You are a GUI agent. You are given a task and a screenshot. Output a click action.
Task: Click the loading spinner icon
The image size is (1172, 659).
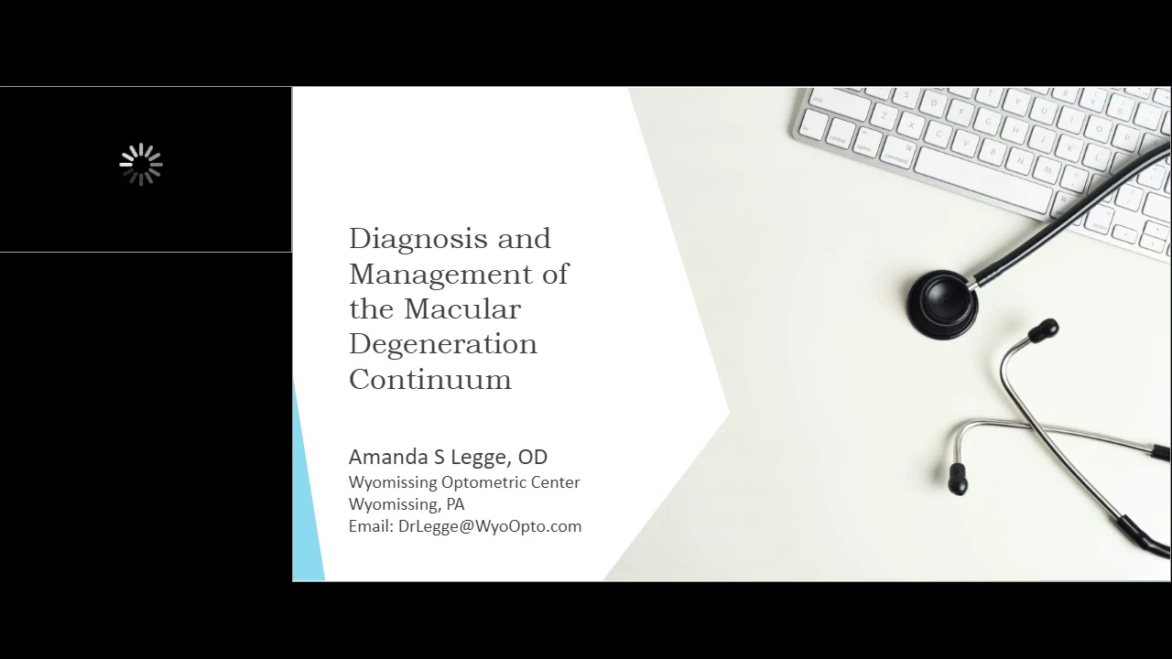click(x=141, y=164)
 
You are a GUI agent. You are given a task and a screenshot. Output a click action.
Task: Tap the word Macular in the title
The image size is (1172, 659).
click(x=462, y=308)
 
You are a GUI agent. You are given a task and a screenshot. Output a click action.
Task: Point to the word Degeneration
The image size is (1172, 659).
click(x=443, y=344)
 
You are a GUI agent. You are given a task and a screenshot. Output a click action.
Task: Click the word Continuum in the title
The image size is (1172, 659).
click(x=430, y=379)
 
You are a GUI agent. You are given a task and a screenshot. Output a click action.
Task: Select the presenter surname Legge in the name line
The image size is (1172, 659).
click(x=479, y=458)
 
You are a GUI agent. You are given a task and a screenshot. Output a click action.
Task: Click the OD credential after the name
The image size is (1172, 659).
click(x=533, y=457)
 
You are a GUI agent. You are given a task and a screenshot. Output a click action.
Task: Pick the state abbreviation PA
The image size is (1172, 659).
click(x=455, y=504)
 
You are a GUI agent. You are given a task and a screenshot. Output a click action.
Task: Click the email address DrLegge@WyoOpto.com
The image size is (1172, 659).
click(x=490, y=526)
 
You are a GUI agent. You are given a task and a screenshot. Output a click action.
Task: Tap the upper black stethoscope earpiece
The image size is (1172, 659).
click(x=1043, y=330)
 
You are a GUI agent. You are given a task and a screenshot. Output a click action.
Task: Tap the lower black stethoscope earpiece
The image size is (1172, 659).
click(x=958, y=479)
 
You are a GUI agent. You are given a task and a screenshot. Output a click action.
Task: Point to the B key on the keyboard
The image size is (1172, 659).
click(x=993, y=151)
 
